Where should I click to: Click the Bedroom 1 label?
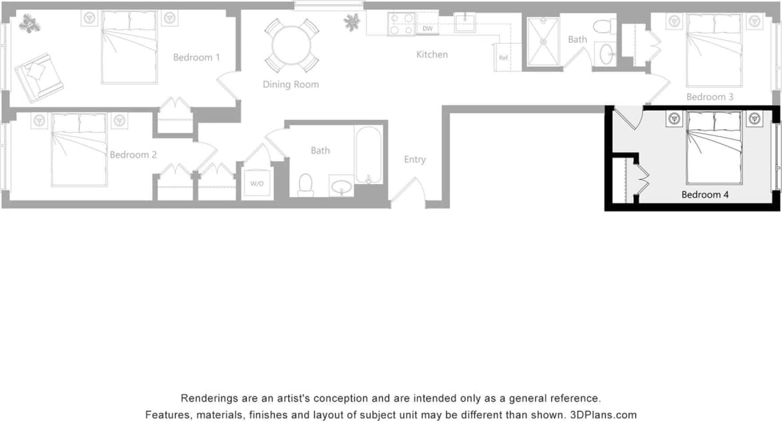click(x=196, y=57)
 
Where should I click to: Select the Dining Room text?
click(x=290, y=85)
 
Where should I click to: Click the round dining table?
click(x=292, y=45)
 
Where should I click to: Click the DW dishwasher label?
click(x=428, y=29)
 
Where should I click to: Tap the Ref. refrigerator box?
click(x=504, y=57)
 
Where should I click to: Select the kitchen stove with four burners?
click(x=402, y=25)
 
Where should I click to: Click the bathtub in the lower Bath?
click(x=368, y=155)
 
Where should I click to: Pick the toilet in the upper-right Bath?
click(x=604, y=27)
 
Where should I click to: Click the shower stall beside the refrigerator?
click(x=543, y=42)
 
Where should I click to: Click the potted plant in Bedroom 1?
click(x=29, y=24)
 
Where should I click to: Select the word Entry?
click(x=414, y=160)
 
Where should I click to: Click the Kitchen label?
click(x=432, y=55)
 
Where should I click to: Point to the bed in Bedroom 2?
click(x=79, y=149)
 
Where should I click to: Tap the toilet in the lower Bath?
click(x=306, y=185)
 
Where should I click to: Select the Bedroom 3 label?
click(x=710, y=97)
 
